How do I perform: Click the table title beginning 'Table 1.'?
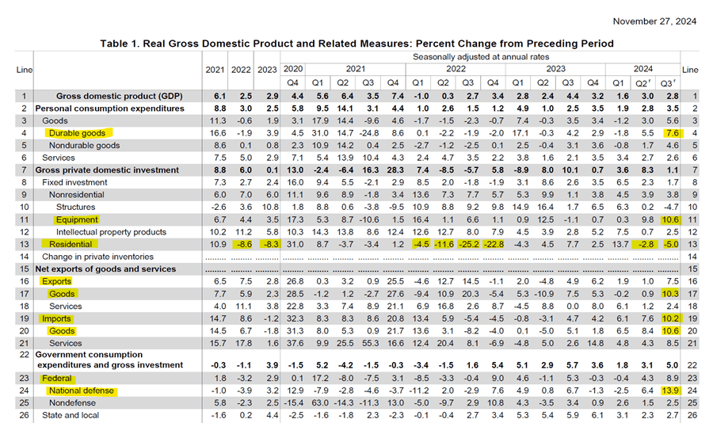(x=356, y=43)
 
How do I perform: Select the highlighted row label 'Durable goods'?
(x=77, y=133)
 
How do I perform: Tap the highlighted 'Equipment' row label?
(x=77, y=219)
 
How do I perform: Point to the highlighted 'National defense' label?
(x=82, y=391)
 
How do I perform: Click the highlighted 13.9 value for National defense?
(x=669, y=391)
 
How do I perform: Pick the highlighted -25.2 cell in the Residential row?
(x=467, y=244)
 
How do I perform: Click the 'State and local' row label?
(x=71, y=416)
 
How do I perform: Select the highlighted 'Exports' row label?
(x=56, y=281)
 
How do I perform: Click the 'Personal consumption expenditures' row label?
(x=109, y=109)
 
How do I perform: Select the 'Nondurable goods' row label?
(x=84, y=146)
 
